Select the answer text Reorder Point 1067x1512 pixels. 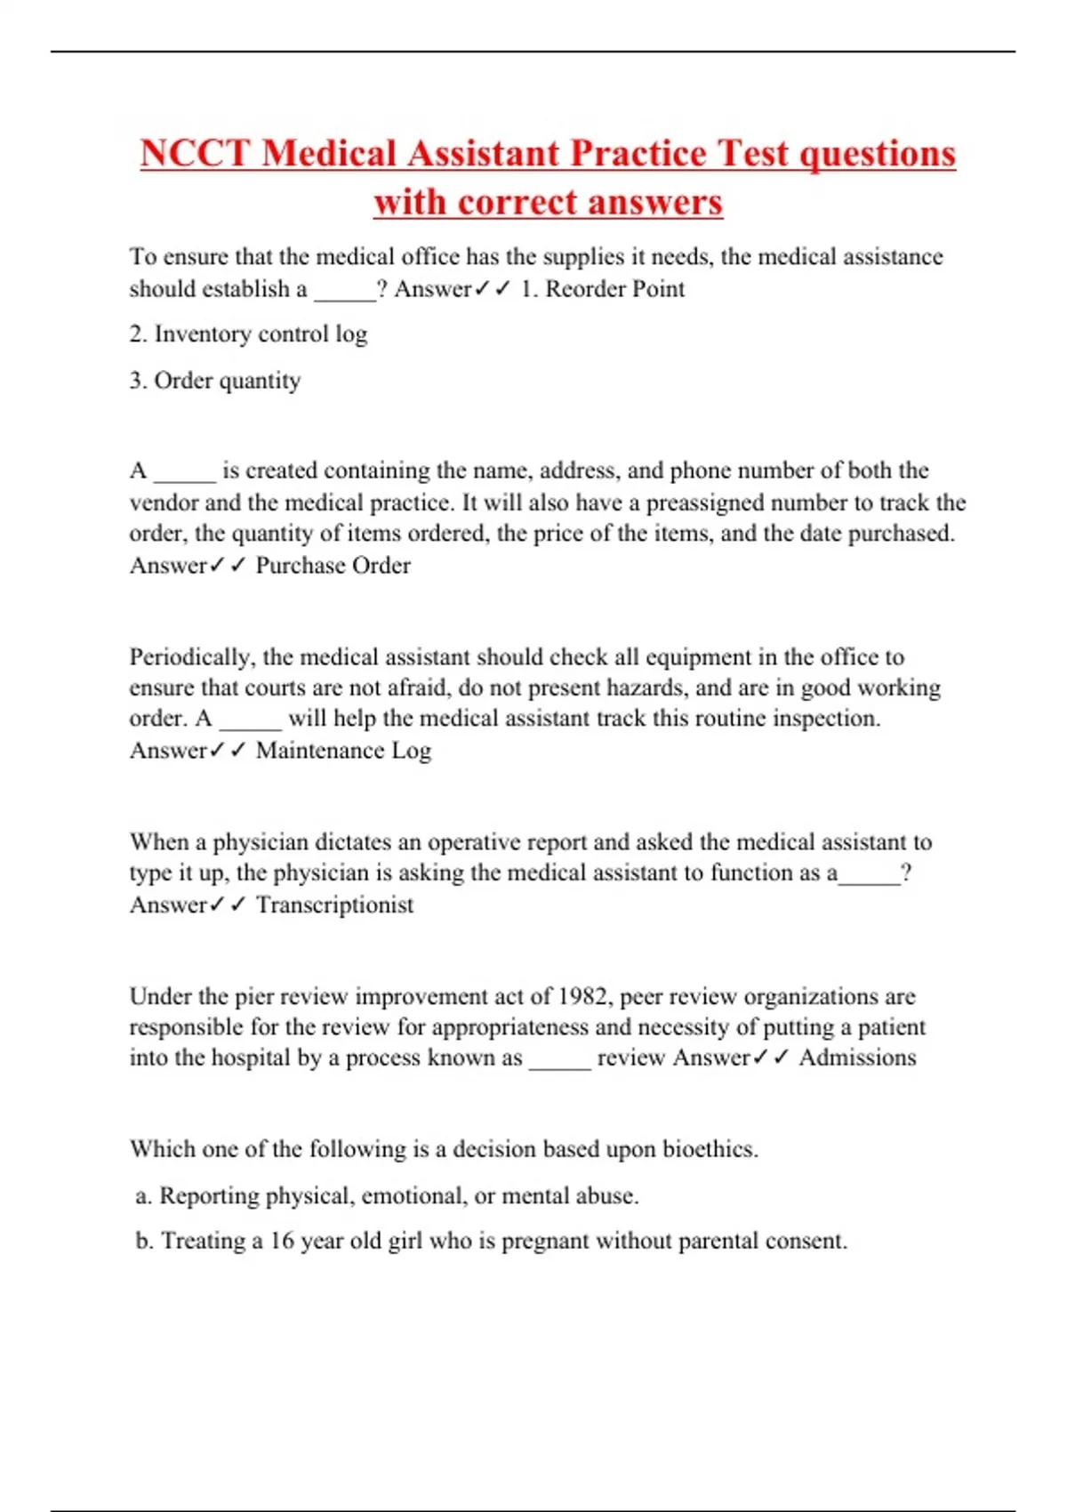pos(614,289)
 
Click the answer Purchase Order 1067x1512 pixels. pos(333,566)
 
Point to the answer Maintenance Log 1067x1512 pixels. pos(343,751)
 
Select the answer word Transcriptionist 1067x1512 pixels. pos(334,905)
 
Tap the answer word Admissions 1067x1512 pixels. pos(857,1058)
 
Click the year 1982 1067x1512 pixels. pos(583,996)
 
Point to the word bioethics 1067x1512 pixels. pos(710,1149)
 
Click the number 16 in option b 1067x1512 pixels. pos(282,1241)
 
